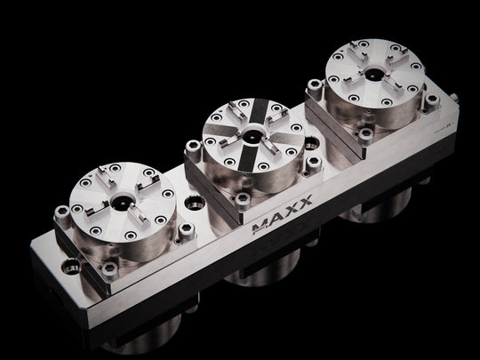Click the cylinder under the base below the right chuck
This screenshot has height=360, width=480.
point(373,209)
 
